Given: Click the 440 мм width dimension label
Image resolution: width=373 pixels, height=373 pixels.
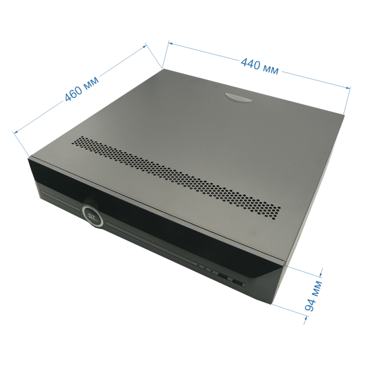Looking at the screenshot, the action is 260,67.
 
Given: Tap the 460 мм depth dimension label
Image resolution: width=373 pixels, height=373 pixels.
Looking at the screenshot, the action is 82,89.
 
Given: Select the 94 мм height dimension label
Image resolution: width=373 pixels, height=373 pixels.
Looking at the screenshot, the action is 313,295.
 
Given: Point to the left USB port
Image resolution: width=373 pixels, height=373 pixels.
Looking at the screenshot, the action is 223,276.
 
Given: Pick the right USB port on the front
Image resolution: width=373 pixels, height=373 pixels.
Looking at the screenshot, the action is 238,282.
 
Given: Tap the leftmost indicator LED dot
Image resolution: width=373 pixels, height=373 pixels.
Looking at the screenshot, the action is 198,265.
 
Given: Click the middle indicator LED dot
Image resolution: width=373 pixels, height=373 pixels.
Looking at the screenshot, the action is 205,268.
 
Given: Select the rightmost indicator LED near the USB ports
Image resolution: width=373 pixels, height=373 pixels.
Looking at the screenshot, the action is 211,271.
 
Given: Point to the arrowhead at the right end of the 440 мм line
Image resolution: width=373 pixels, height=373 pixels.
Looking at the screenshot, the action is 348,88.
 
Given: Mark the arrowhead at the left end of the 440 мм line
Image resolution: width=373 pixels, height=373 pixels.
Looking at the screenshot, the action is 171,44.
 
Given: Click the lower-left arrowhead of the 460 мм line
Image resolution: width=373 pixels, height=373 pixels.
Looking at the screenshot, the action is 16,132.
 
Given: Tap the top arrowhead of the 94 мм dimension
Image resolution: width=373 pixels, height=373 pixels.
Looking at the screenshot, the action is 320,275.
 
